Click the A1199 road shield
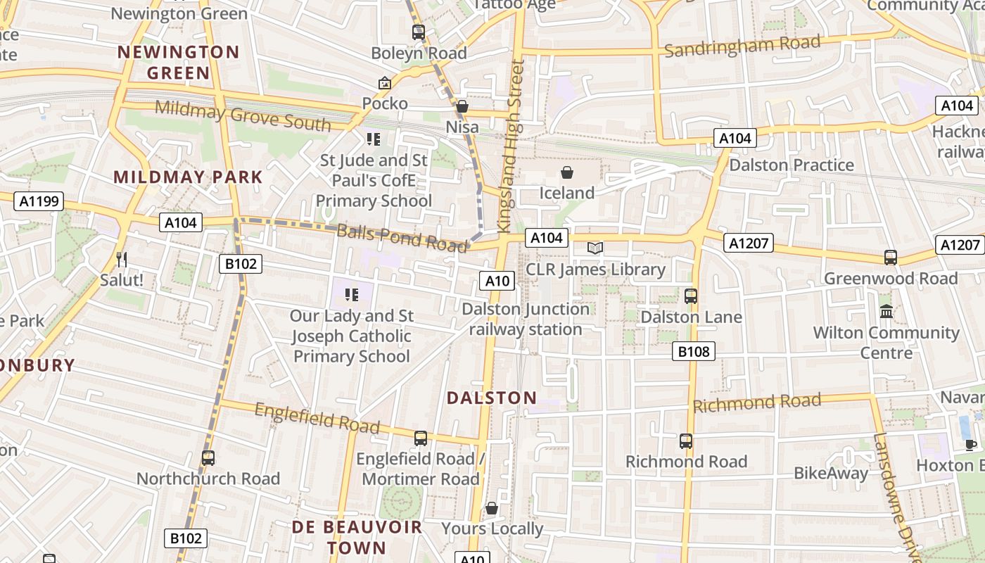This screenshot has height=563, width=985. point(39,202)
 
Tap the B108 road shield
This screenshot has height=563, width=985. point(693,351)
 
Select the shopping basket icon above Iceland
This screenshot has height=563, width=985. point(567,172)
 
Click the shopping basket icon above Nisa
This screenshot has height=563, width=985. point(462,106)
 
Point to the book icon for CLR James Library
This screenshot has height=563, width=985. point(595,248)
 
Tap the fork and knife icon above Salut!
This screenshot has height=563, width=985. point(122,260)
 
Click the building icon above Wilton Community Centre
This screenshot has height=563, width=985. point(887,310)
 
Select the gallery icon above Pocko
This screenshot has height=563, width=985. point(384,83)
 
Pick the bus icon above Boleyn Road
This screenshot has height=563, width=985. point(419,32)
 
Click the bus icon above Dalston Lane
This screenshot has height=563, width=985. point(691,296)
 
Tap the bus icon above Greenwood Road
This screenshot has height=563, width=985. point(891,258)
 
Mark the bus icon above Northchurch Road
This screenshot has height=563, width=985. point(208,458)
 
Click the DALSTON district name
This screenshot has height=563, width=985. point(492,398)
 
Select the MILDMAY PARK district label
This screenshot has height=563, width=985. point(188,177)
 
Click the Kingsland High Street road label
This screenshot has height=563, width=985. point(511,146)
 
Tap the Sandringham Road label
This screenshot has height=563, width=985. point(742,46)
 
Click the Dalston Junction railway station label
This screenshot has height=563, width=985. point(526,319)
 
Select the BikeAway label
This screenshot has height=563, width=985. point(831,473)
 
